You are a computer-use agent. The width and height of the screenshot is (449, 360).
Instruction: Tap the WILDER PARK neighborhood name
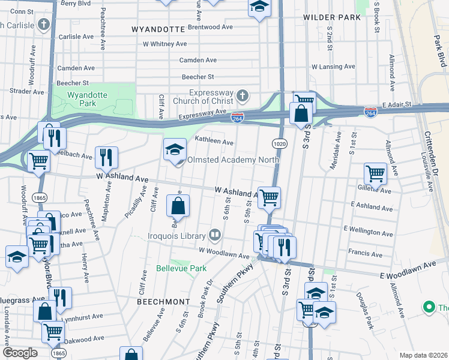coord(332,17)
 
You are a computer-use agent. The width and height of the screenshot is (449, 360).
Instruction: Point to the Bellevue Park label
coord(181,268)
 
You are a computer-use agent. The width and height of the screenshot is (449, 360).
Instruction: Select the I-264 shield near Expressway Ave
coord(238,119)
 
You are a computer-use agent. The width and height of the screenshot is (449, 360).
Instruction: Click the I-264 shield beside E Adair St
coord(370,112)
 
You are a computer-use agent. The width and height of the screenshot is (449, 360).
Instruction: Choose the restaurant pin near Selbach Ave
coord(106,157)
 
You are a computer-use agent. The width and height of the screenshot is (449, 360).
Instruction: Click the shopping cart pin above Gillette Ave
coord(375,173)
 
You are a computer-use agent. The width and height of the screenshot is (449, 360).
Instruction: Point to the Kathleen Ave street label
coord(214,142)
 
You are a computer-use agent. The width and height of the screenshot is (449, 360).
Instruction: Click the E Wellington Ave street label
coord(370,230)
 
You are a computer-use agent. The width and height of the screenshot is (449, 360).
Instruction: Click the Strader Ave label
coord(27,92)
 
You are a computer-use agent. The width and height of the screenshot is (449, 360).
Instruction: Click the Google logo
coord(20,353)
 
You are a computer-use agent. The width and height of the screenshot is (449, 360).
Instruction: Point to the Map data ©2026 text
coord(423,355)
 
